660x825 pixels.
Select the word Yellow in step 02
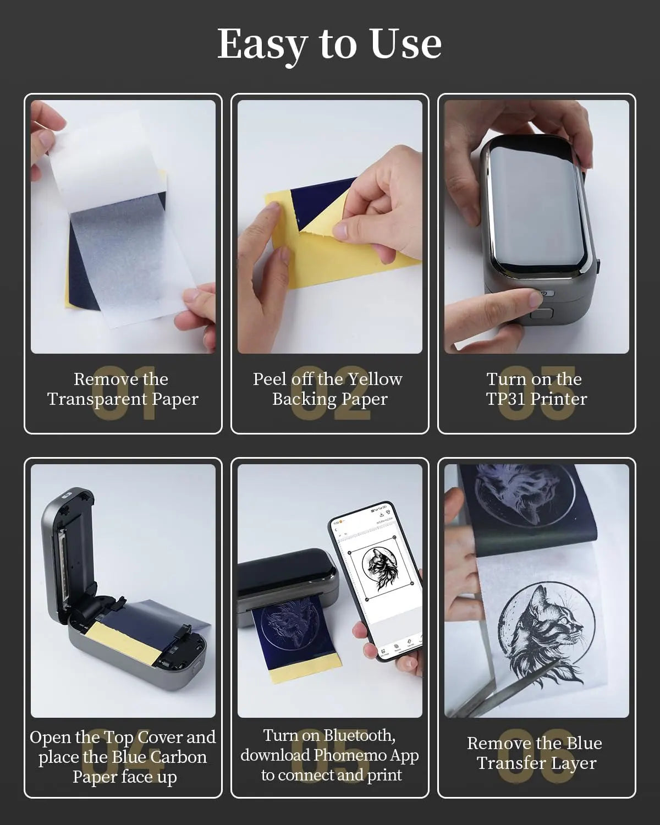point(375,379)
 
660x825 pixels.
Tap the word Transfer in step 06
point(508,763)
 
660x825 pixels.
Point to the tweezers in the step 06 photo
point(522,687)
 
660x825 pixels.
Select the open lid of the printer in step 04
point(69,550)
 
